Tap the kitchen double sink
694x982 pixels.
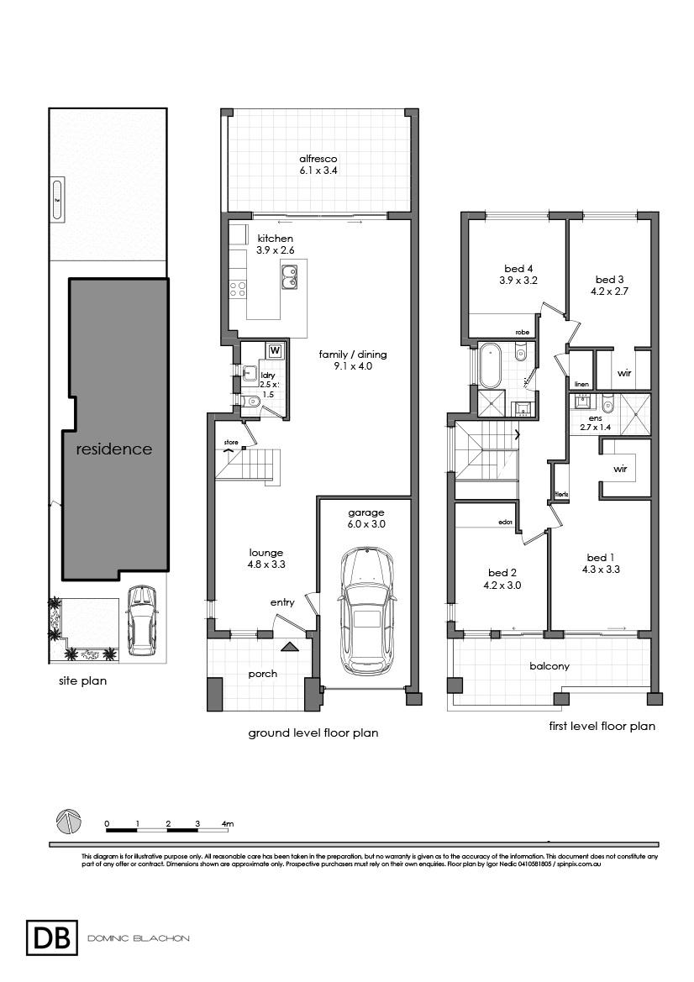pos(288,276)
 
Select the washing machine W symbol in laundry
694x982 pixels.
pos(275,350)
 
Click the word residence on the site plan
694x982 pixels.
pos(114,449)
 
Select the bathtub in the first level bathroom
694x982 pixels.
pos(491,365)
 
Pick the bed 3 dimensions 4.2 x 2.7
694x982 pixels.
pos(610,291)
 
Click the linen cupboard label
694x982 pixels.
pos(581,384)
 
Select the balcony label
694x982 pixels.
pos(549,666)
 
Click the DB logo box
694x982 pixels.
pos(51,937)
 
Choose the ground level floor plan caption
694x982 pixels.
pos(313,733)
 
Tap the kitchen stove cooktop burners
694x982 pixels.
pos(238,289)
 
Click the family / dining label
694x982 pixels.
pos(353,360)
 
